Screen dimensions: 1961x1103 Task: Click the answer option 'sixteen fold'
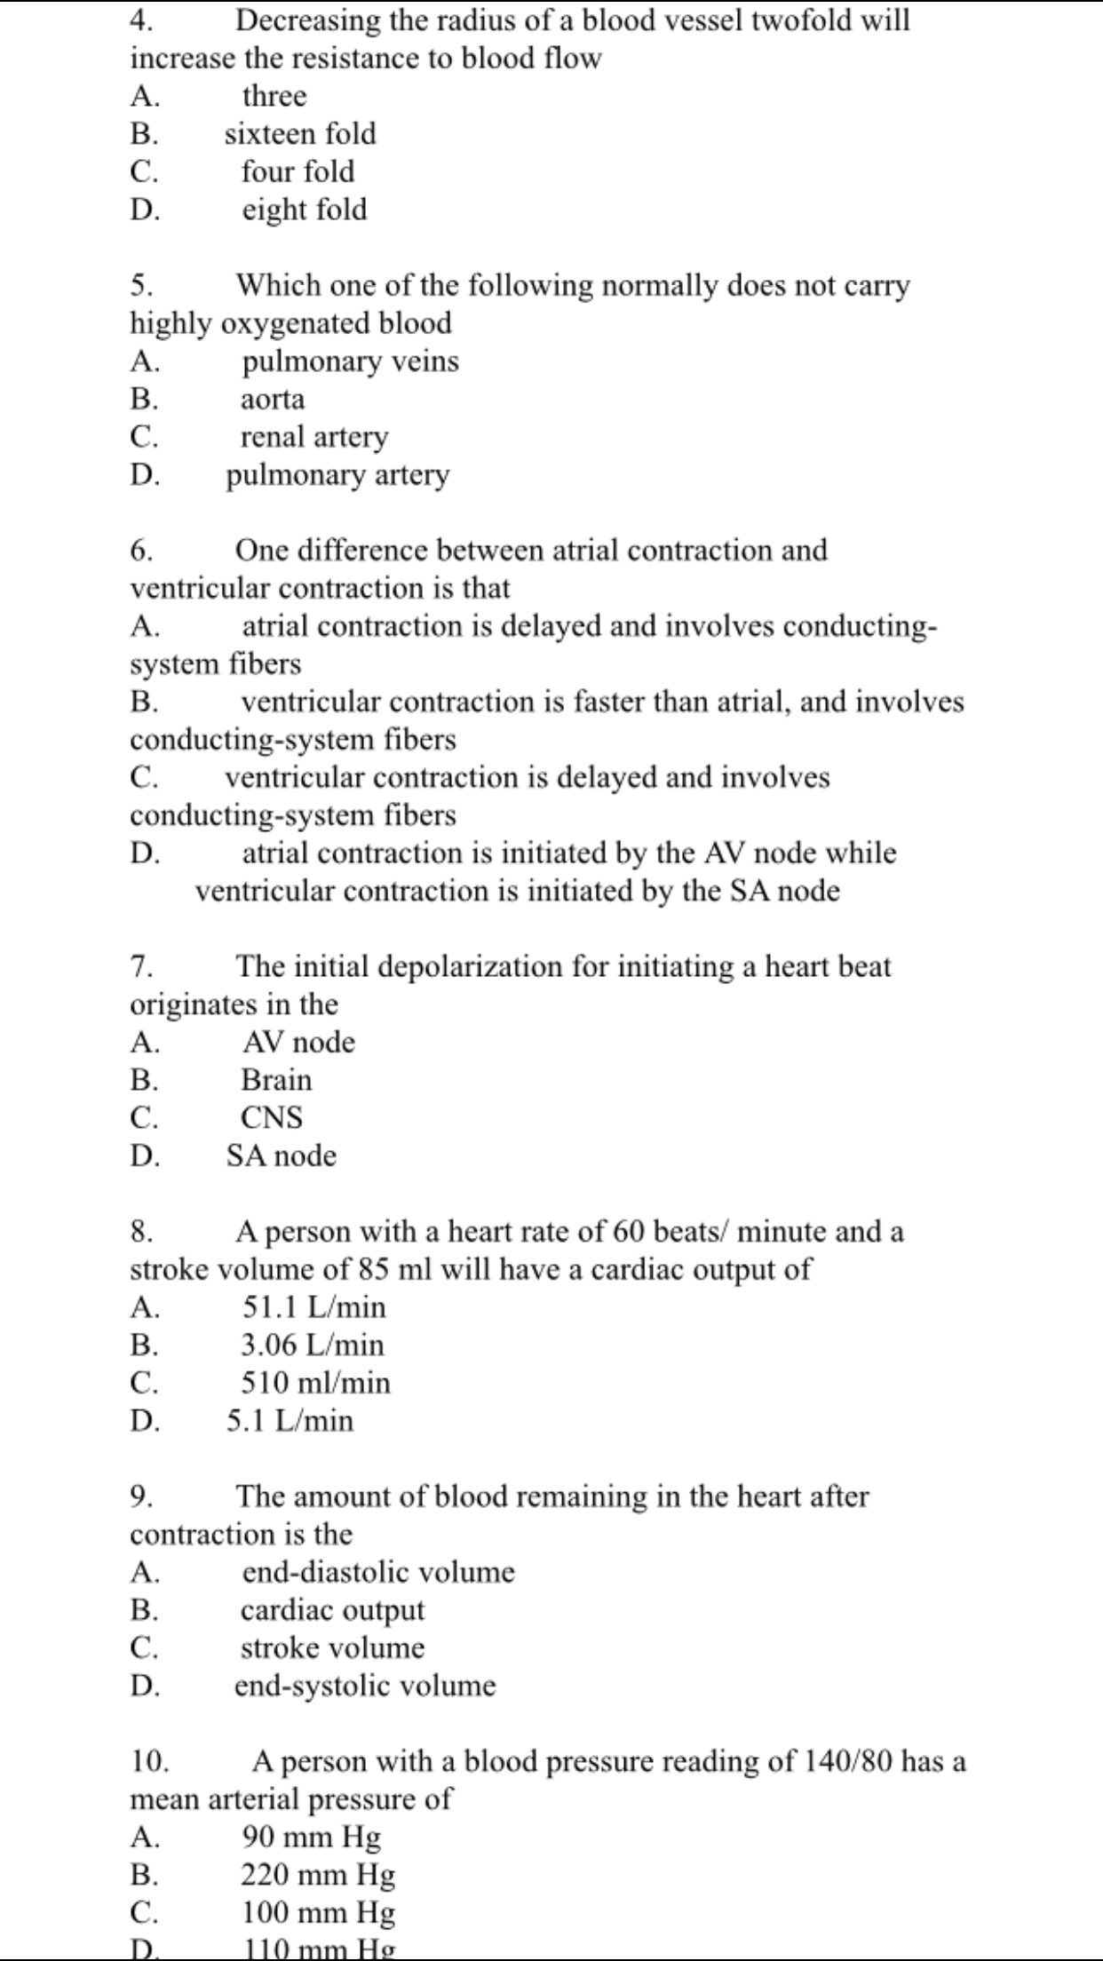[x=300, y=134]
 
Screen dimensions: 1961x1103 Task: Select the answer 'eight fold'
[x=304, y=210]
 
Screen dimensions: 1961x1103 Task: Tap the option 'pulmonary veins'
[x=350, y=361]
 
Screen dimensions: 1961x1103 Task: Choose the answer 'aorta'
[x=273, y=400]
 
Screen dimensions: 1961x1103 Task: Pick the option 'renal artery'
[x=314, y=437]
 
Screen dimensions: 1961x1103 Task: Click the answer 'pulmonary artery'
[x=337, y=475]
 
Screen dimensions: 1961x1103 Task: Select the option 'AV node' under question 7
[x=298, y=1042]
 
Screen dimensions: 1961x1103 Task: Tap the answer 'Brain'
[x=276, y=1080]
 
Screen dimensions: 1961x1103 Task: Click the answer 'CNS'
[x=272, y=1117]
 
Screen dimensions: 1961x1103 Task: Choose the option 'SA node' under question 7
[x=282, y=1155]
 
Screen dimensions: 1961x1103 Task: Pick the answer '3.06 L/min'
[x=313, y=1345]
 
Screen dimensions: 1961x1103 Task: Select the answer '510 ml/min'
[x=315, y=1383]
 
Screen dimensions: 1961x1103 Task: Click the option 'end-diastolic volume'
[x=378, y=1572]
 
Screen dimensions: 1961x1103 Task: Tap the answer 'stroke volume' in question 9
[x=332, y=1647]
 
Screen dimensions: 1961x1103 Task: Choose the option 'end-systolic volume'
[x=365, y=1686]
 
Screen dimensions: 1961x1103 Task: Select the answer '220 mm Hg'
[x=318, y=1875]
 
